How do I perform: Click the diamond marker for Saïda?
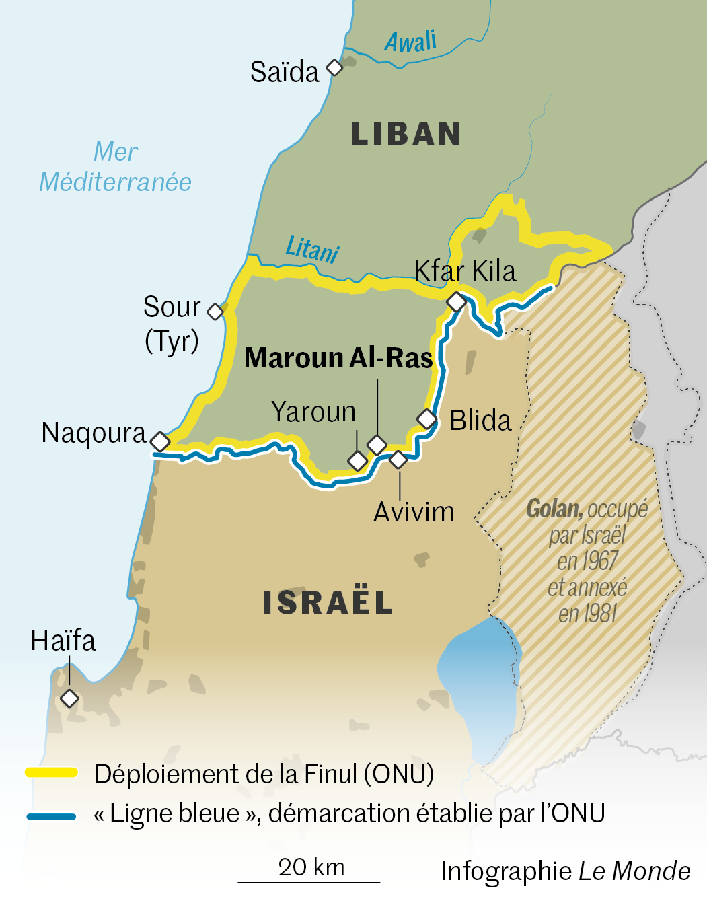[x=334, y=67]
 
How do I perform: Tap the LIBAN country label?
[x=406, y=134]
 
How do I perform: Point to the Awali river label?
[x=411, y=42]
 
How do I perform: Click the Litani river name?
[x=312, y=250]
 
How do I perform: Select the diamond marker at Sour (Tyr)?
[x=215, y=312]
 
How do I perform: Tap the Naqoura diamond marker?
[x=160, y=441]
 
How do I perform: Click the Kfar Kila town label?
[x=465, y=271]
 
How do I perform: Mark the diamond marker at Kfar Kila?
[x=457, y=301]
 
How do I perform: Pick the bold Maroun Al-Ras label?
[x=338, y=358]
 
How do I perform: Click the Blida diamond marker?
[x=427, y=419]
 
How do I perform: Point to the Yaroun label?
[x=313, y=412]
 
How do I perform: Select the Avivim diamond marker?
[x=398, y=460]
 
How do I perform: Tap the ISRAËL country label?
[x=328, y=602]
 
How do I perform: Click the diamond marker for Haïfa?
[x=69, y=698]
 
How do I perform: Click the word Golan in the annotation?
[x=554, y=509]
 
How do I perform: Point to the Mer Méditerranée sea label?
[x=116, y=167]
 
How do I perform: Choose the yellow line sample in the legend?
[x=52, y=772]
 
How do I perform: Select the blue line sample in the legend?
[x=52, y=816]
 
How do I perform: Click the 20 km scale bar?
[x=309, y=881]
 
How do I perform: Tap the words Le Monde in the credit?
[x=634, y=871]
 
